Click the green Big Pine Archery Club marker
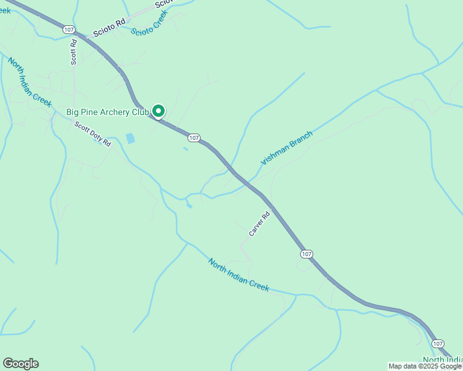click(158, 111)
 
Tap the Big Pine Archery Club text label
click(108, 112)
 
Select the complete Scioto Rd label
click(109, 28)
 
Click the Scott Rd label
click(74, 53)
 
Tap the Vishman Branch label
click(287, 147)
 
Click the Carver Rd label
click(259, 224)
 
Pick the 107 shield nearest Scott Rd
click(68, 29)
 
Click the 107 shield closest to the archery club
click(194, 137)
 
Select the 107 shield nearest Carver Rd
click(306, 254)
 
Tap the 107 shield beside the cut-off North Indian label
click(438, 343)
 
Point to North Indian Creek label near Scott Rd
click(29, 82)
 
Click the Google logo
click(20, 364)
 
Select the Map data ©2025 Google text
click(425, 366)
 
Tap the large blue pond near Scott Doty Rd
click(130, 139)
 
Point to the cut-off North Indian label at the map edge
click(443, 360)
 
